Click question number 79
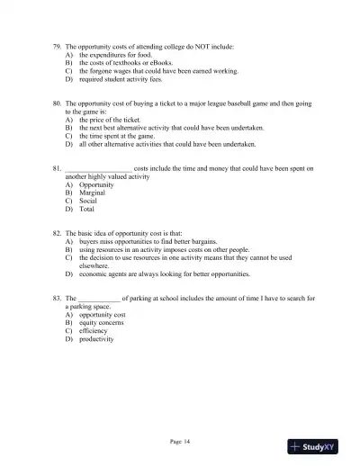click(x=58, y=44)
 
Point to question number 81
click(x=58, y=167)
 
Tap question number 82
click(x=58, y=232)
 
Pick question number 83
click(x=58, y=297)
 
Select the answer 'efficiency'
click(x=94, y=330)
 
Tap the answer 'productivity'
click(x=97, y=339)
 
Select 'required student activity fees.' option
click(x=125, y=78)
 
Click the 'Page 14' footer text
click(x=180, y=441)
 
